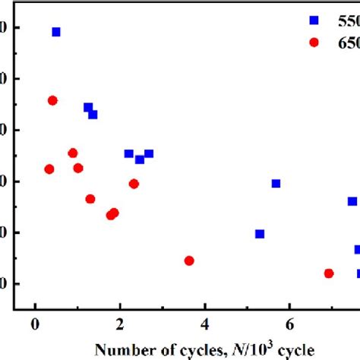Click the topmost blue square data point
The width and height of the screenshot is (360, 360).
[x=56, y=32]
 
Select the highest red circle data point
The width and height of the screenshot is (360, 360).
[x=52, y=100]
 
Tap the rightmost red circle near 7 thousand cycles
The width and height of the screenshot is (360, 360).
[x=329, y=273]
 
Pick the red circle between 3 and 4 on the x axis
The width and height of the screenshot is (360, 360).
[x=189, y=261]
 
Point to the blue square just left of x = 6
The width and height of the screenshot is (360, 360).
[x=276, y=183]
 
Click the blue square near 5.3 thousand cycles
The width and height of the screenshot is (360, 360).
[x=260, y=234]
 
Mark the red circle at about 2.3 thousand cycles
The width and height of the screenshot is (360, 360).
[x=134, y=184]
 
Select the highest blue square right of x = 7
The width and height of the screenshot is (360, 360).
[x=352, y=201]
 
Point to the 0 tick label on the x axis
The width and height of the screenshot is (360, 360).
[x=35, y=325]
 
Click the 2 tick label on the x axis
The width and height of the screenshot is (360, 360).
[x=120, y=325]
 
